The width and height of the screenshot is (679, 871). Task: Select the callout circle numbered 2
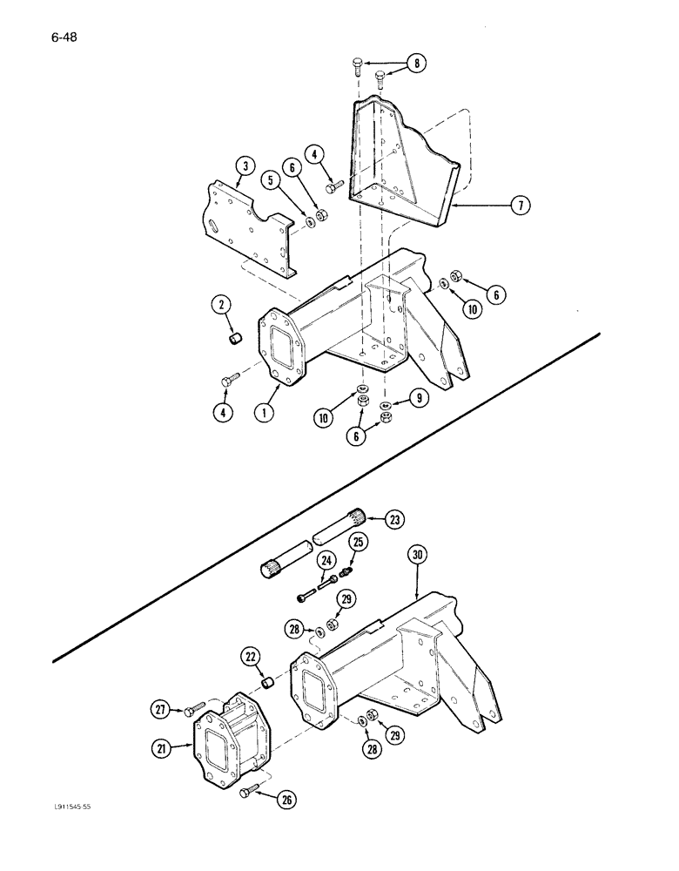220,304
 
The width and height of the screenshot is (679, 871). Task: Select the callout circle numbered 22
252,658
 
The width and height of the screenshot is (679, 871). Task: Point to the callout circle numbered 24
326,560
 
